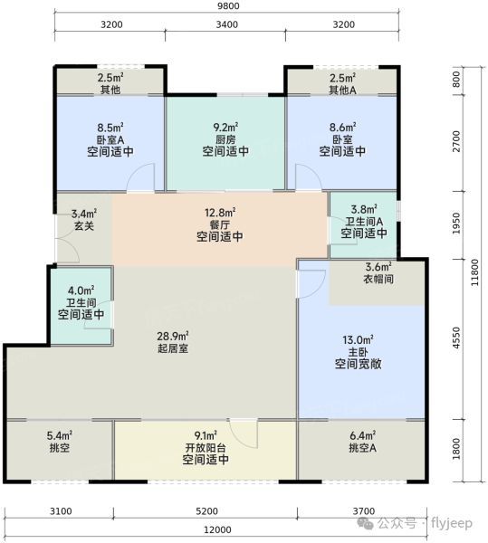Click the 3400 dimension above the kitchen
(x=225, y=24)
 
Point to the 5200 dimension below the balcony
(x=206, y=511)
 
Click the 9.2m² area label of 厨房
(x=225, y=127)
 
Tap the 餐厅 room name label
(x=221, y=225)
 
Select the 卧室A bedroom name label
(x=110, y=140)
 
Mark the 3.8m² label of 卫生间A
(x=364, y=207)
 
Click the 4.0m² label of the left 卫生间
(x=81, y=291)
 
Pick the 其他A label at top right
(x=341, y=90)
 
